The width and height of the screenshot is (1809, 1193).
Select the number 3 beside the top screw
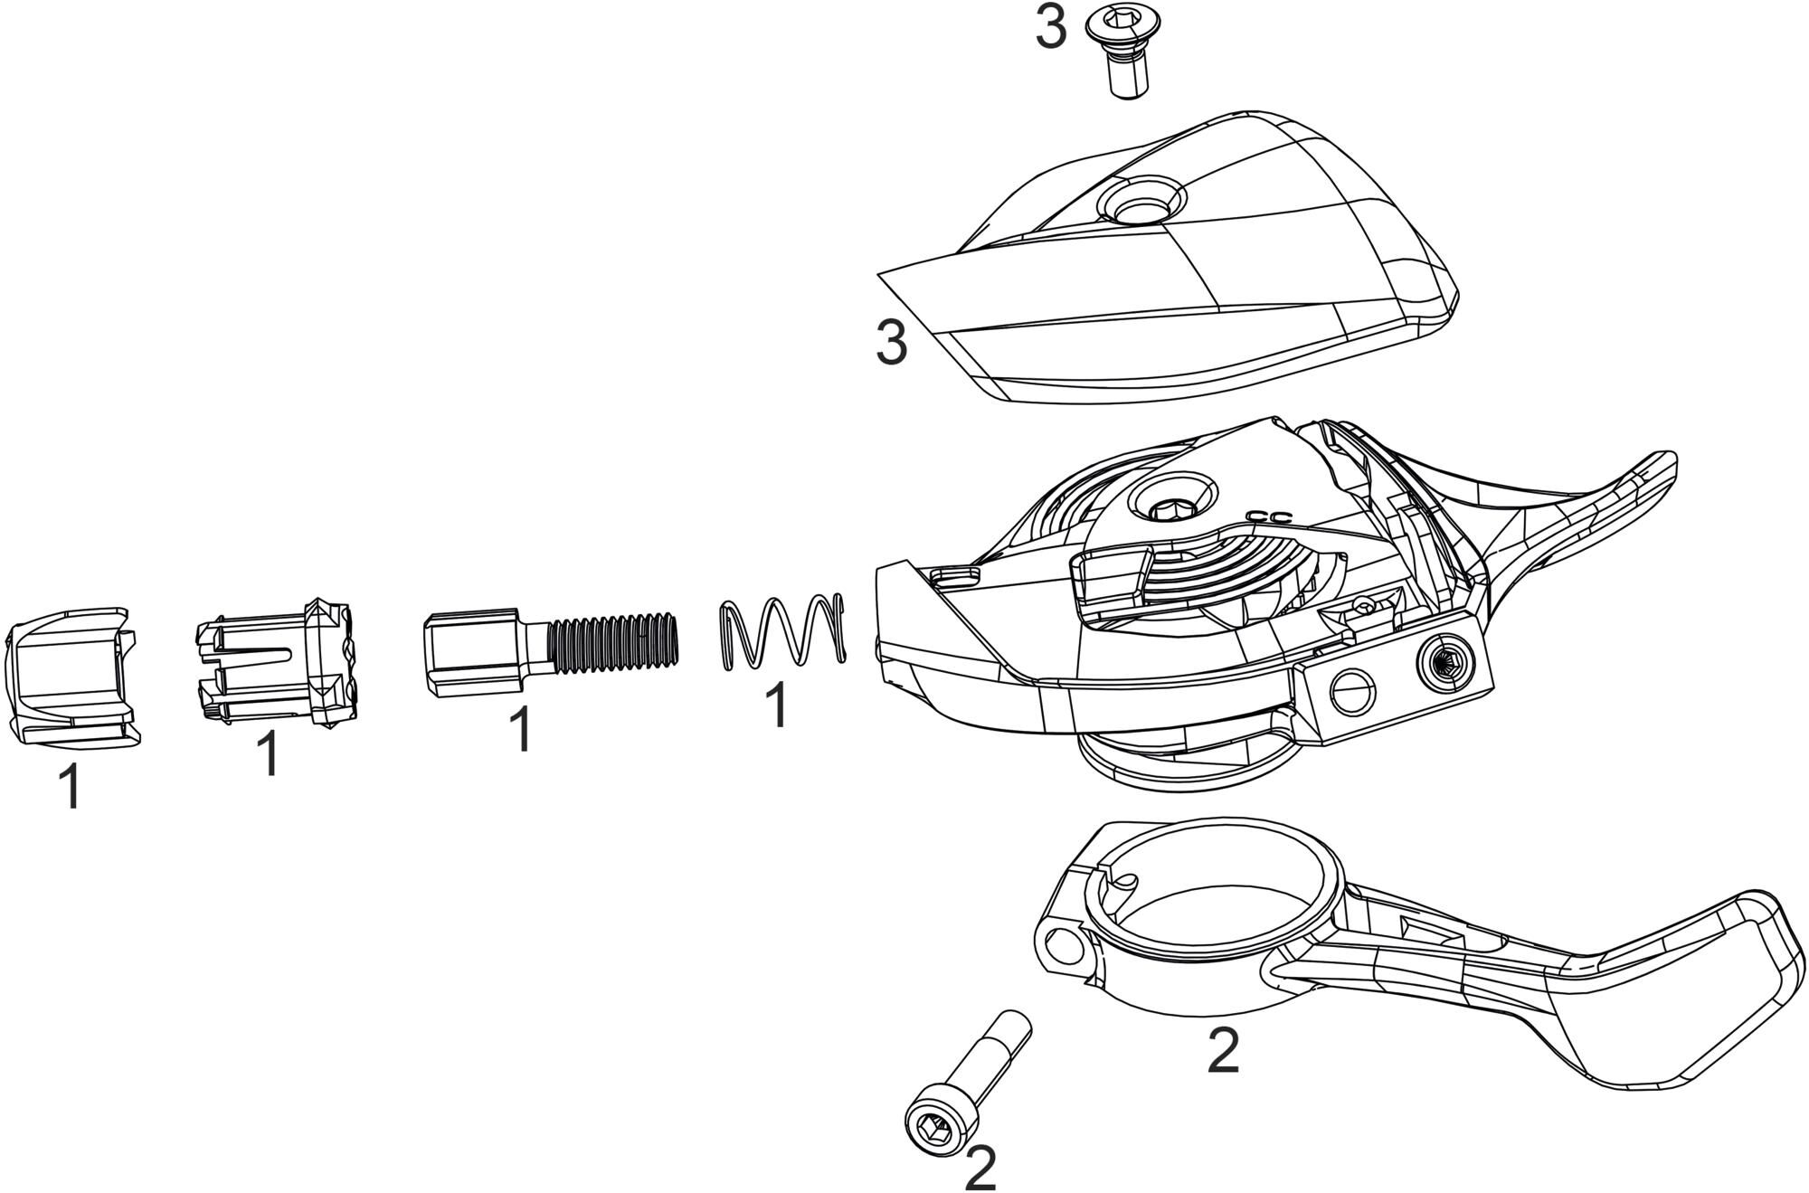pos(1051,30)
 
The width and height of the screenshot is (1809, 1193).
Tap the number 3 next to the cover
pos(892,344)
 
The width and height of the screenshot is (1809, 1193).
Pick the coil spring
pos(782,632)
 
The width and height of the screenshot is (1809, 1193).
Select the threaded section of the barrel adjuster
pos(614,643)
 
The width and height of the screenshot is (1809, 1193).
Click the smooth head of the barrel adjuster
pos(470,654)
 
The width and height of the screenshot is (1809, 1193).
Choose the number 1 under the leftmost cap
pos(70,788)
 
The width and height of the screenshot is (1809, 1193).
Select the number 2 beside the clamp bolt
pos(980,1169)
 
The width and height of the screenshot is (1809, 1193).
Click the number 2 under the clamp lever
pos(1223,1051)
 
